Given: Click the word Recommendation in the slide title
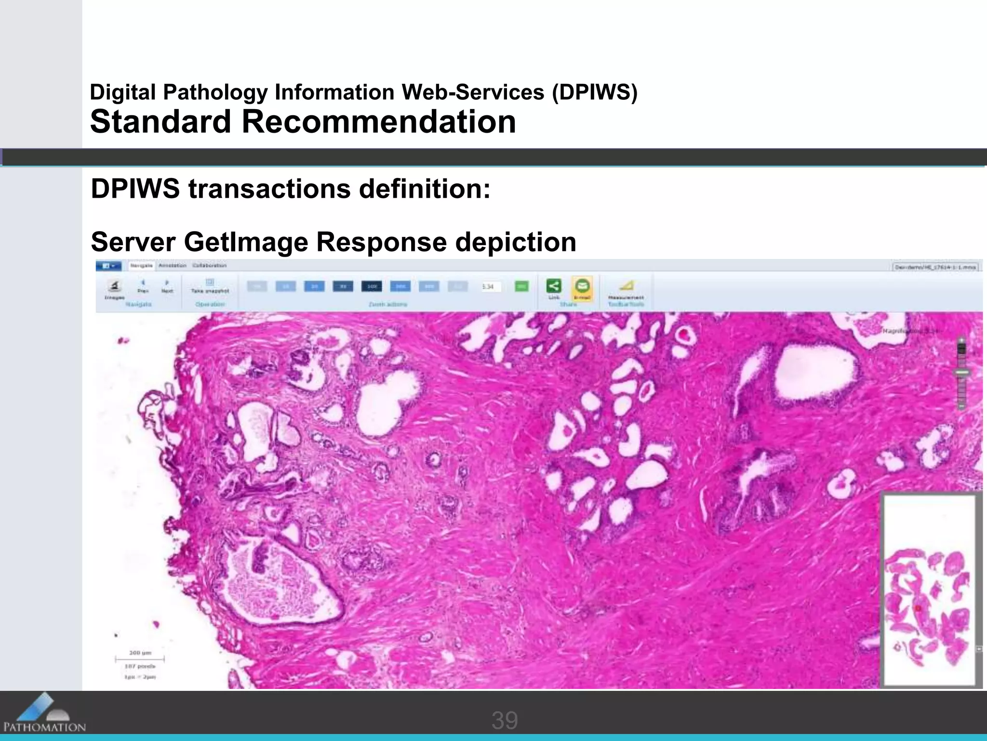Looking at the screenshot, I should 378,122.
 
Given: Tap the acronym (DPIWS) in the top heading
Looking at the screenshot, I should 594,92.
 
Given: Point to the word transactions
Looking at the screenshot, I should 269,189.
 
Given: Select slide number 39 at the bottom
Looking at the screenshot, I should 504,720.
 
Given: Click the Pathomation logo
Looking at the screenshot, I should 44,714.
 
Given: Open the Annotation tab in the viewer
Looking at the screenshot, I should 172,265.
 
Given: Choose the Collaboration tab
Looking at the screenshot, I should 209,265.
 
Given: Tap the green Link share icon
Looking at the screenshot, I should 554,286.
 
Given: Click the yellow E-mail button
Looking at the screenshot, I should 582,287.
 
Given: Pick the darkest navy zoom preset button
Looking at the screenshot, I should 371,287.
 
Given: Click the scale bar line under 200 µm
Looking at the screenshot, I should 139,659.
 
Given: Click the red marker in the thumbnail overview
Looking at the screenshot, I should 918,609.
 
